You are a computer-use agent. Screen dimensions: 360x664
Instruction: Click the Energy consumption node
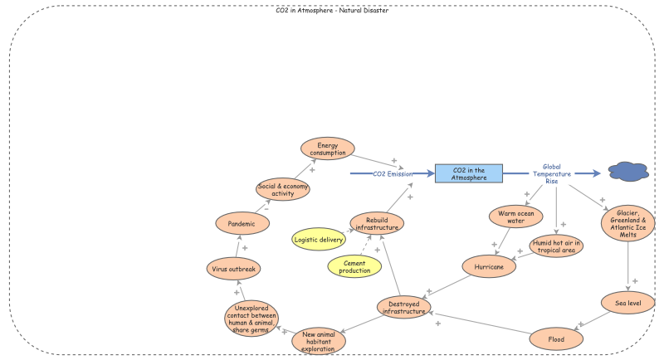327,148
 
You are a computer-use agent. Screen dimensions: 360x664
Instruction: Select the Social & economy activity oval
282,188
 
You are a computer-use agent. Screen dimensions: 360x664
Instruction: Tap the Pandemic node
241,222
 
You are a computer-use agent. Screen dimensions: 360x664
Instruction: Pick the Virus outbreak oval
234,269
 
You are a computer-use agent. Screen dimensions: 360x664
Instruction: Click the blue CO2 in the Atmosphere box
470,173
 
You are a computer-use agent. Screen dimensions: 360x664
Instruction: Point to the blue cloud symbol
628,172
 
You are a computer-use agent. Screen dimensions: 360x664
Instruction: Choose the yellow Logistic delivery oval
319,241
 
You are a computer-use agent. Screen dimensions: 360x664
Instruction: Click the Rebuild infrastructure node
377,222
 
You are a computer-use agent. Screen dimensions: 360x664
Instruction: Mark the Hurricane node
490,267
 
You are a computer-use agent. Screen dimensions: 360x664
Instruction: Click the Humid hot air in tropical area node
557,246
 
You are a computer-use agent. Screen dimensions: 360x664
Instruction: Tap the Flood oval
557,338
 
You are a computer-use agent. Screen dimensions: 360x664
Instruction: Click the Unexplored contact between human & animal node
251,319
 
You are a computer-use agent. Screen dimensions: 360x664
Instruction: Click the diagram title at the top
331,11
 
